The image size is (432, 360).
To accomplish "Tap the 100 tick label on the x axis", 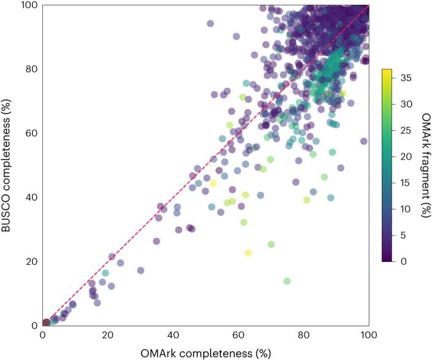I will point(368,336).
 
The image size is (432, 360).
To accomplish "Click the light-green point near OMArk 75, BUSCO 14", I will point(287,281).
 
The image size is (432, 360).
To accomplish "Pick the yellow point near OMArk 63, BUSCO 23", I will point(248,252).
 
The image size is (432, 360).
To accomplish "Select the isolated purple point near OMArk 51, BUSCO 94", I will point(210,23).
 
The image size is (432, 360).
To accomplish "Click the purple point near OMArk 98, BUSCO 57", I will point(363,141).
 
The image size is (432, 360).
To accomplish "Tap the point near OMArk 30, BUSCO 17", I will point(141,270).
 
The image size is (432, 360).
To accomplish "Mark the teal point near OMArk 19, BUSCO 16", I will point(105,273).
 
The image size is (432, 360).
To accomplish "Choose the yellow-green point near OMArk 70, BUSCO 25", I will point(271,244).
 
